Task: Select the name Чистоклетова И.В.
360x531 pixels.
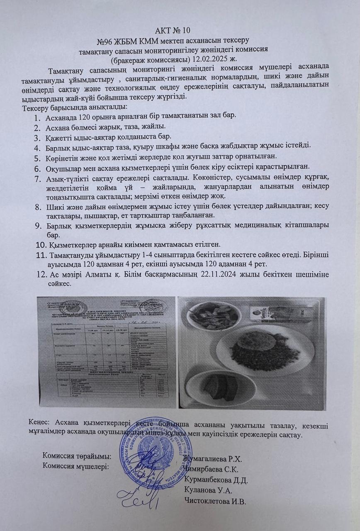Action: click(x=215, y=501)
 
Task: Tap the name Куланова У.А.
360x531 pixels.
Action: click(x=206, y=491)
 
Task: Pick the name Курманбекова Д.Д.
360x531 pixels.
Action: click(x=216, y=480)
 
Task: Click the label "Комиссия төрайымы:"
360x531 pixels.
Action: click(x=77, y=456)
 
